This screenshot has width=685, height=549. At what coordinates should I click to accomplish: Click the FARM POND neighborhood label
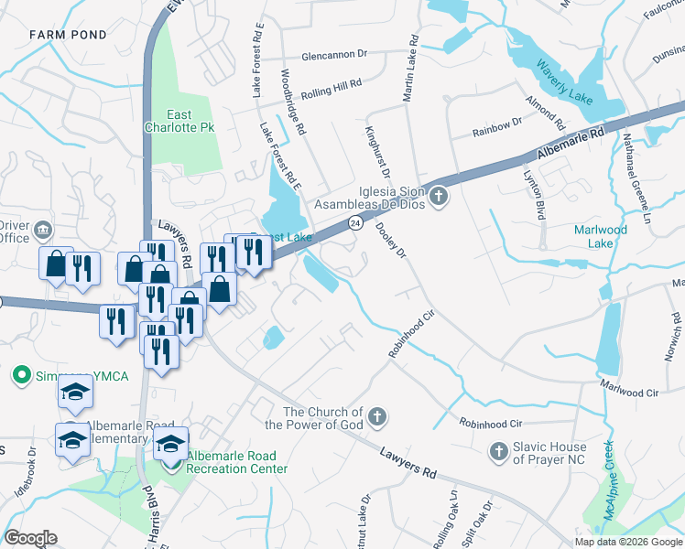point(68,35)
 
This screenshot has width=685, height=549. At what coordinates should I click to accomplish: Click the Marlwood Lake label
point(600,236)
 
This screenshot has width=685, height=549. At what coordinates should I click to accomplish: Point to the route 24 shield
point(354,223)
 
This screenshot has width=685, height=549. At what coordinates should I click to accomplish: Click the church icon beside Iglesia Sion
point(439,197)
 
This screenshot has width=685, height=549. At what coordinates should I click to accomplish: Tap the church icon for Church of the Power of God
point(375,419)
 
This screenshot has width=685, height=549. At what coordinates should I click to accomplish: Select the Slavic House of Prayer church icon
point(498,450)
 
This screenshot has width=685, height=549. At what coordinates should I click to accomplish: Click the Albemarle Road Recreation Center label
point(237,462)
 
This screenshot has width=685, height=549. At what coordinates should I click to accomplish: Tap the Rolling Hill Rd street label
point(332,84)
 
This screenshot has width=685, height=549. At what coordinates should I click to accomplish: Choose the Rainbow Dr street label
point(497,127)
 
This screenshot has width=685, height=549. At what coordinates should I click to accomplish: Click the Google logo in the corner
point(31,537)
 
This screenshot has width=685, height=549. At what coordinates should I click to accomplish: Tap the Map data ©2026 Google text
point(628,542)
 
